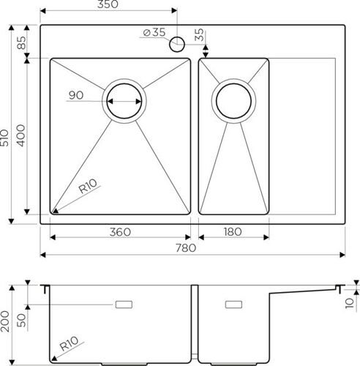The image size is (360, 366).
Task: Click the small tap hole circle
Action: click(x=177, y=45)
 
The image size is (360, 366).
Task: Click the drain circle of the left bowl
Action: click(x=124, y=100)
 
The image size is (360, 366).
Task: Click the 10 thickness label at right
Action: click(x=349, y=301)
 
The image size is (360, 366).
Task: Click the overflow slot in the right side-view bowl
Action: click(x=234, y=304)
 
